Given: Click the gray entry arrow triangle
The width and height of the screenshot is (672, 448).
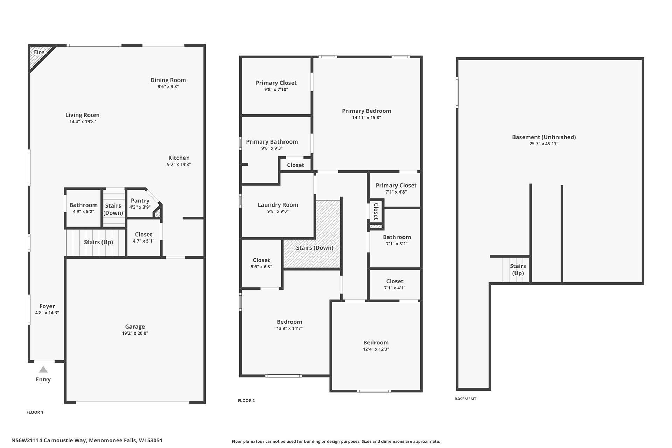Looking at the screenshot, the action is click(43, 370).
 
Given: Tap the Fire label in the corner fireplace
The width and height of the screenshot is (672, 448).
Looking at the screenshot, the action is click(39, 52).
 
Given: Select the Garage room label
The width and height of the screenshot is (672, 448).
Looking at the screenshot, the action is click(135, 327).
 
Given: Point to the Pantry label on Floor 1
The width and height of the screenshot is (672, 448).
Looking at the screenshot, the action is click(140, 201).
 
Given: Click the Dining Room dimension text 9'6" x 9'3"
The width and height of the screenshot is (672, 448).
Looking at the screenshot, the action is click(168, 87).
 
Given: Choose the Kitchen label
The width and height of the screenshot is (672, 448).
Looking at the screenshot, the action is click(179, 158).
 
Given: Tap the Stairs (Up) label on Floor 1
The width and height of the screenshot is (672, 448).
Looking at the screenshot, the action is click(98, 242).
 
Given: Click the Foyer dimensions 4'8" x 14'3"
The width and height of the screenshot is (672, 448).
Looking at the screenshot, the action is click(47, 313).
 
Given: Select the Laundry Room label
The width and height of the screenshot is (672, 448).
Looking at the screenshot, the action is click(278, 205).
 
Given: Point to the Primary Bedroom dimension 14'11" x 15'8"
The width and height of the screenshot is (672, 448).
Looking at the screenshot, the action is click(366, 118).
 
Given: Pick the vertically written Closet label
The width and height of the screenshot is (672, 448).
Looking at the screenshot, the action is click(376, 211).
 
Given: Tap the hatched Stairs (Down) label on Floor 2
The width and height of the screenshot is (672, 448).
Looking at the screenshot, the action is click(315, 248).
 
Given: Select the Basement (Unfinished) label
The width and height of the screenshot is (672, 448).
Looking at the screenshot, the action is click(544, 137).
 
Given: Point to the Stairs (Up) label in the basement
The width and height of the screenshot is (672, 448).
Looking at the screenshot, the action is click(518, 269).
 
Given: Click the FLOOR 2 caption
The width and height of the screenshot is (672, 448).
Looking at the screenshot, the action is click(246, 401).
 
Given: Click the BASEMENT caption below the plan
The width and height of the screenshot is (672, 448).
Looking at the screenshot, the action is click(465, 399).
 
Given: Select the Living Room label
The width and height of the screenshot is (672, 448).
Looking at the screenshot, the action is click(82, 115).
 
